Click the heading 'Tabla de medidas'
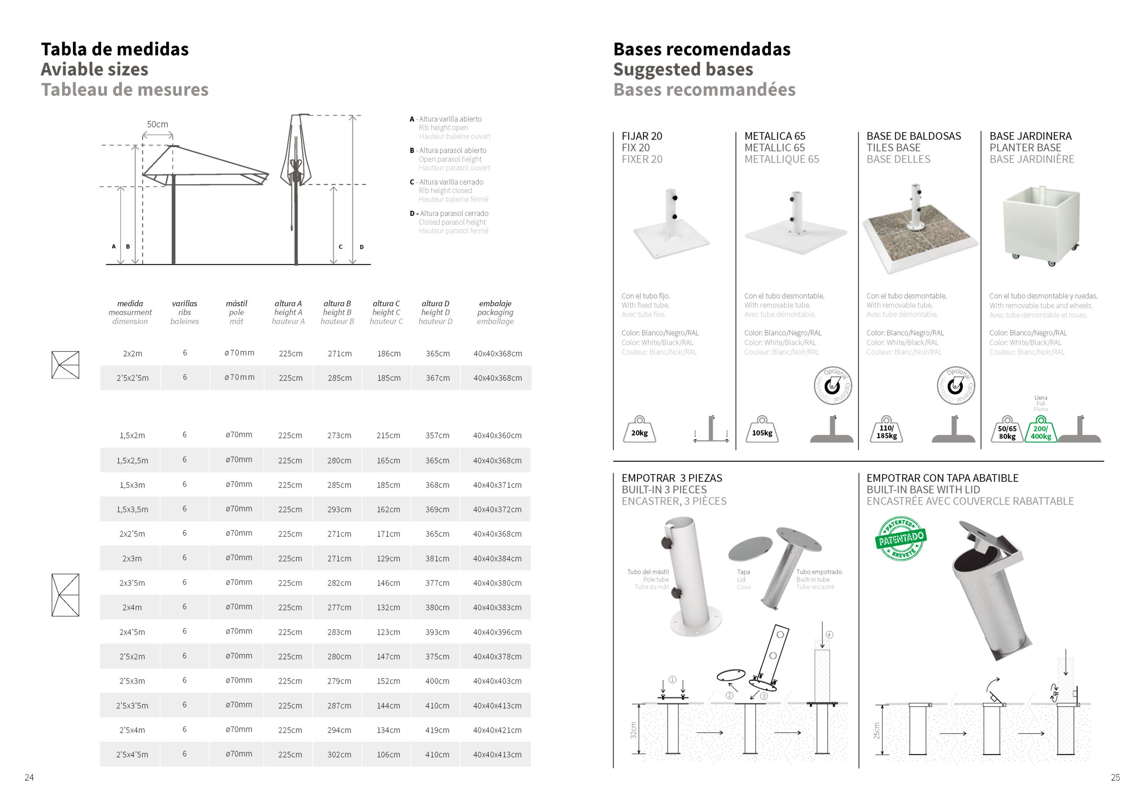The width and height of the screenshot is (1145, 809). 114,49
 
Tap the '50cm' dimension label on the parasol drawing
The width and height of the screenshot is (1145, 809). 157,124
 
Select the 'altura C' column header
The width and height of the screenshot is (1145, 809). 386,303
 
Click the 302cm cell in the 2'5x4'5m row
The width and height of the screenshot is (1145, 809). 339,754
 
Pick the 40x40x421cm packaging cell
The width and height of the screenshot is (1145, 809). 497,730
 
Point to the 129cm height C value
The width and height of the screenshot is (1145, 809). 389,559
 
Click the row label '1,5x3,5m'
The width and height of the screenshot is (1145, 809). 132,510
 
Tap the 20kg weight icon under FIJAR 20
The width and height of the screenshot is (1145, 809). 639,431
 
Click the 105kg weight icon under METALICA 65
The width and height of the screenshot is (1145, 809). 762,431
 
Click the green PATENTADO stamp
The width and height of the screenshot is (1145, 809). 901,538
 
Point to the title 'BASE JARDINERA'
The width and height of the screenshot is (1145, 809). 1030,136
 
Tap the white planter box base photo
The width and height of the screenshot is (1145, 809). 1041,224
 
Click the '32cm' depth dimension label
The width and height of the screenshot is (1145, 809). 633,730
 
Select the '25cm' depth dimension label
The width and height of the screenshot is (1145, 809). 877,731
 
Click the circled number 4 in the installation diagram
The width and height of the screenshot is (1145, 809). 829,635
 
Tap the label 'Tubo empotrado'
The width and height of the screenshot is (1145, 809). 819,572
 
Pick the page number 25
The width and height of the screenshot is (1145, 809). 1115,778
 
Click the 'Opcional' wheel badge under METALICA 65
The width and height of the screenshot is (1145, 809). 832,386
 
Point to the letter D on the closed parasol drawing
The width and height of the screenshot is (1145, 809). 361,247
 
